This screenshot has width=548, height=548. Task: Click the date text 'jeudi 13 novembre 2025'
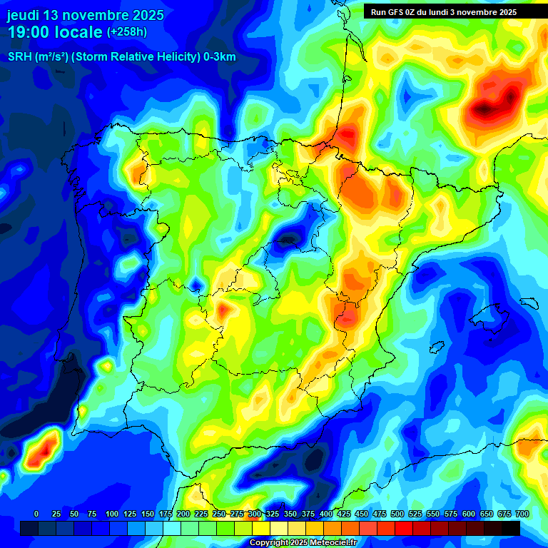pos(86,15)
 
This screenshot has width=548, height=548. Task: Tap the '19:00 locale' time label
pos(55,32)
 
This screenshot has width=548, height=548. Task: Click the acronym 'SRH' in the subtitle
pos(19,57)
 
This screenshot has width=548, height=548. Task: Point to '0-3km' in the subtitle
pos(220,57)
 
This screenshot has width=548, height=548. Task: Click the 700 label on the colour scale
pos(522,514)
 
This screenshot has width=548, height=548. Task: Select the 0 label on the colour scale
pos(36,514)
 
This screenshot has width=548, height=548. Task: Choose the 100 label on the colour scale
pos(112,514)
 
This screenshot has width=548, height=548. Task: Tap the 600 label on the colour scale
pos(468,514)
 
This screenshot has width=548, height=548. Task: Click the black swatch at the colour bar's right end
pos(511,528)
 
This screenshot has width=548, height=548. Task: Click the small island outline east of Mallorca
pos(527,302)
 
